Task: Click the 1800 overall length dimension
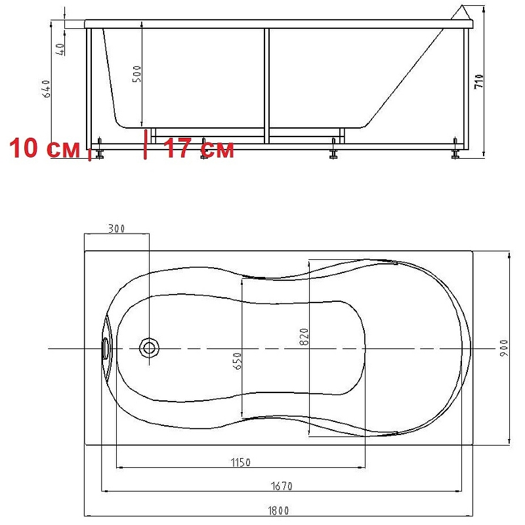278,511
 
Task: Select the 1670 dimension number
282,486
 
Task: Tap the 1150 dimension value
240,463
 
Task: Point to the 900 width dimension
504,348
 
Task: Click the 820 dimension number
304,337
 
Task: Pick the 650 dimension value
237,360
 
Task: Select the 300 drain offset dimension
116,228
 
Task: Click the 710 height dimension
479,81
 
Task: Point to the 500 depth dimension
137,74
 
